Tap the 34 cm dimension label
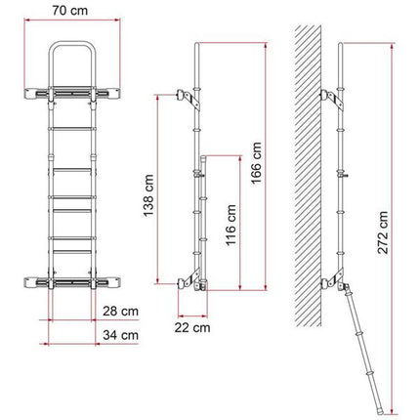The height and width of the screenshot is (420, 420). tap(120, 334)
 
